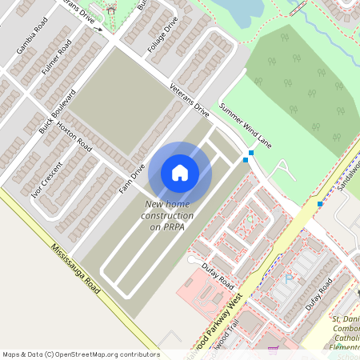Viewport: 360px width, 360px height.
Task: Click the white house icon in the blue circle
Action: point(180,173)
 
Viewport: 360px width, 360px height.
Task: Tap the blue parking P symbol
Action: point(289,279)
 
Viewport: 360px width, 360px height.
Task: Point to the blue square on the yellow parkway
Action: point(320,204)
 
